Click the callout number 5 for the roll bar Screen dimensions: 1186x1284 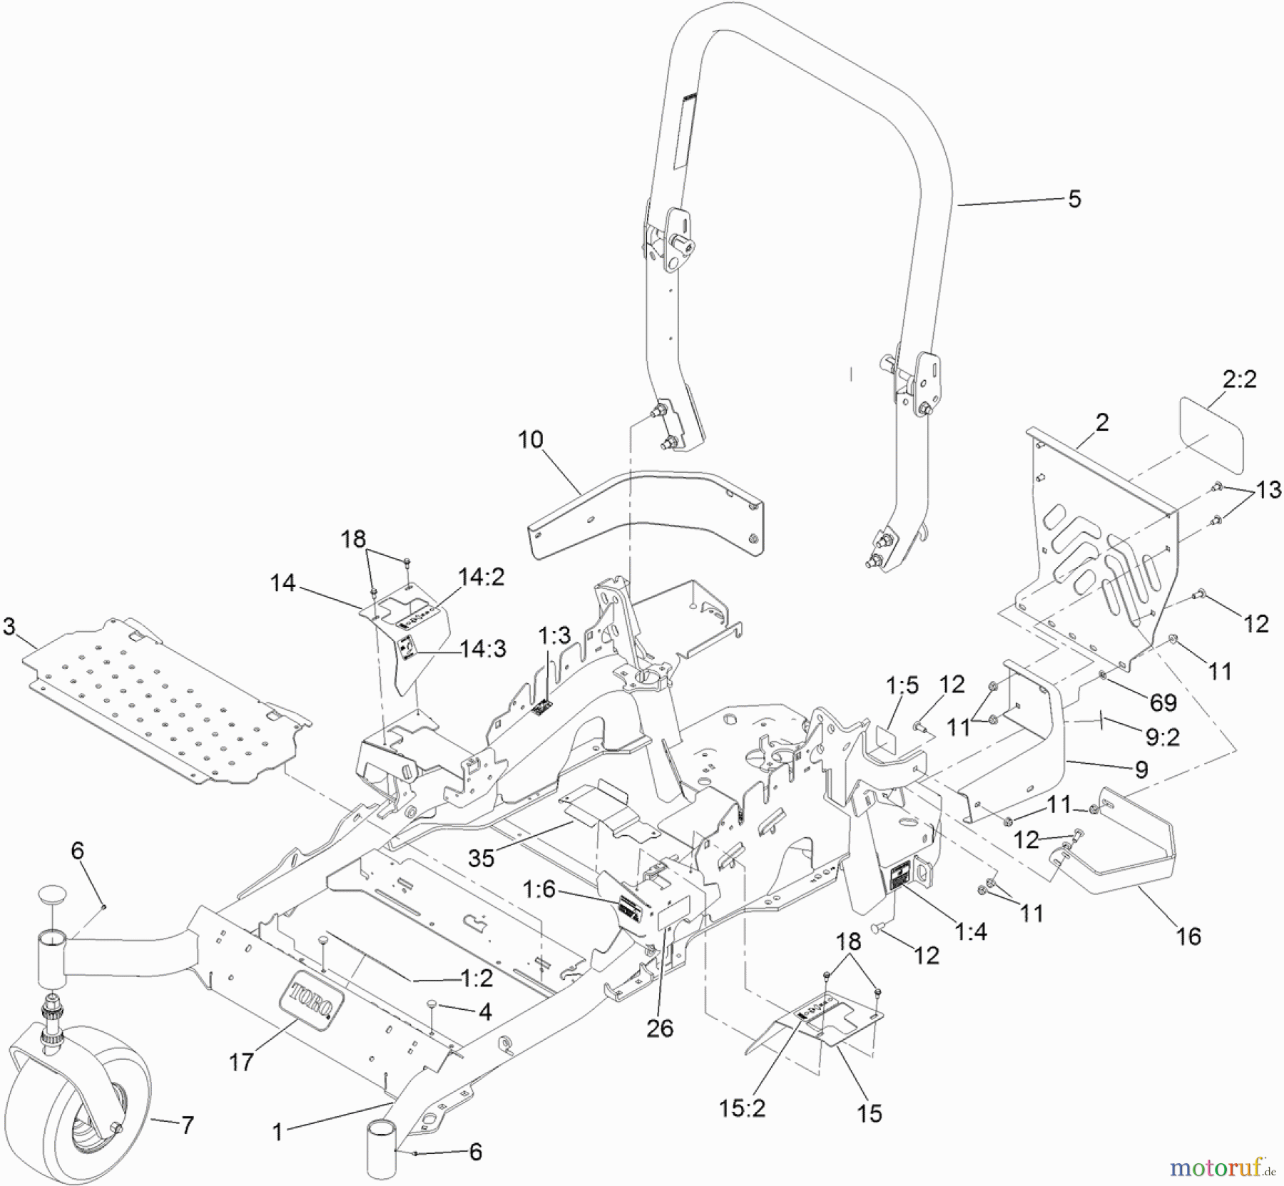click(x=1074, y=199)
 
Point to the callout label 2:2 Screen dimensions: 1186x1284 click(x=1239, y=379)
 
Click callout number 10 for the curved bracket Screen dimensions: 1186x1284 click(x=530, y=440)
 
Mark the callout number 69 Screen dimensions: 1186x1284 click(x=1163, y=702)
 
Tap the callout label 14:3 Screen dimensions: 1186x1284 click(x=483, y=650)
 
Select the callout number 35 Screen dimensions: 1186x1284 click(x=481, y=858)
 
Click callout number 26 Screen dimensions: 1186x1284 click(x=660, y=1028)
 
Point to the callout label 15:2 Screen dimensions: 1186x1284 click(x=743, y=1108)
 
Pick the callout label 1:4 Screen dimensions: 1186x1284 click(x=970, y=931)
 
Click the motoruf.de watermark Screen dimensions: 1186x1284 click(x=1221, y=1168)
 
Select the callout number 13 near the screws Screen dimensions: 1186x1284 click(x=1268, y=490)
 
